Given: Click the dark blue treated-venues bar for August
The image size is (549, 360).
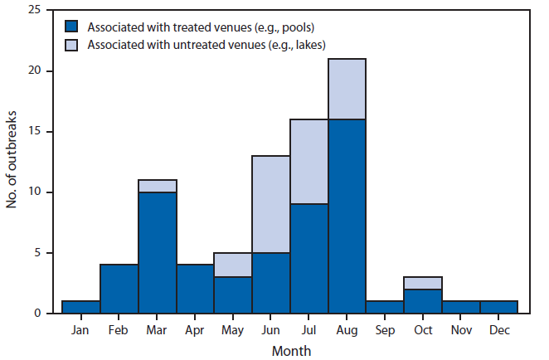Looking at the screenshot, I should tap(347, 216).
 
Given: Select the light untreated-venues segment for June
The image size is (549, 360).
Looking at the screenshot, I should tap(270, 204).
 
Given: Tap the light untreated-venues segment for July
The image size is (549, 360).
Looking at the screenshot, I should tap(309, 162).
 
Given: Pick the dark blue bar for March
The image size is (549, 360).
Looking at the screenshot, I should tap(157, 252).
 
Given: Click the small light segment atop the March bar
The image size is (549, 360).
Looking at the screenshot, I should tap(157, 187).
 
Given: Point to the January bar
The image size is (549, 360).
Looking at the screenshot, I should tap(81, 307).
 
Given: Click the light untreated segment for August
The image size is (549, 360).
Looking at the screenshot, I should tap(347, 90).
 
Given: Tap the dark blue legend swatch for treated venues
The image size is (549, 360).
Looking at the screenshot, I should tap(73, 27).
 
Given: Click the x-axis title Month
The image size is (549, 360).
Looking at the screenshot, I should tap(290, 350).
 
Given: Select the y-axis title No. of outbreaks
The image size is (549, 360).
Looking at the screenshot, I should tap(13, 162).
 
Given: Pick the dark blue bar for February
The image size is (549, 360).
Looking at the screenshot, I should tap(119, 289).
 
